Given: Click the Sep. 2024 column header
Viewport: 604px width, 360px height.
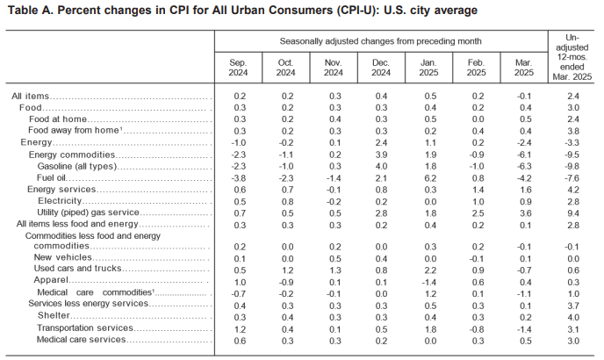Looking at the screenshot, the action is tap(238, 68).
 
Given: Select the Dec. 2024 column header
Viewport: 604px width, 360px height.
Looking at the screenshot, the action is tap(381, 68).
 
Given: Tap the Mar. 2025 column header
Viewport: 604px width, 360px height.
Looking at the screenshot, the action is tap(524, 68).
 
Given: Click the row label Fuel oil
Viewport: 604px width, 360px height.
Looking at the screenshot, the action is tap(51, 177).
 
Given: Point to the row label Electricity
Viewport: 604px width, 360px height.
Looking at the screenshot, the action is tap(60, 201).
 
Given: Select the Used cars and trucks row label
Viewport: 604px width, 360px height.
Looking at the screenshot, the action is tap(77, 269).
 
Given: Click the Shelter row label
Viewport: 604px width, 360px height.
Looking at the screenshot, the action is tap(54, 315).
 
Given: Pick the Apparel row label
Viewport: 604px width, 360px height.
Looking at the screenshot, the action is tap(51, 280).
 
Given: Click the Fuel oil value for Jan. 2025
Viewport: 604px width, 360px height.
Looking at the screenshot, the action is tap(430, 178).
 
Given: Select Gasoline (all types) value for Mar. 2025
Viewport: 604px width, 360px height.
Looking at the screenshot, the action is tap(524, 167).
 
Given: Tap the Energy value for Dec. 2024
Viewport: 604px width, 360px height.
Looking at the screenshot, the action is tap(381, 143).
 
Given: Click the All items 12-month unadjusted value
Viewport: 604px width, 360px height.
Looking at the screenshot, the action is tap(573, 96).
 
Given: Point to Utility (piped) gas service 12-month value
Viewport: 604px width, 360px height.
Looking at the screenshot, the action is tap(573, 213).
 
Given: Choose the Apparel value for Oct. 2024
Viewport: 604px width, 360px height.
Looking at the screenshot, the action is tap(286, 282).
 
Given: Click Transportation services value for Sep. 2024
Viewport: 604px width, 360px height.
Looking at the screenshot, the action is tap(240, 329).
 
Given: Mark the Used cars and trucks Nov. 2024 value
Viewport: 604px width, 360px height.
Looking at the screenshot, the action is tap(334, 270).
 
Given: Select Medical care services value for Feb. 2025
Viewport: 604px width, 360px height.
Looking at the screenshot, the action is tap(478, 341).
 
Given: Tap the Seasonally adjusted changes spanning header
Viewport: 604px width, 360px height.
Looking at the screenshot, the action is tap(381, 41).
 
